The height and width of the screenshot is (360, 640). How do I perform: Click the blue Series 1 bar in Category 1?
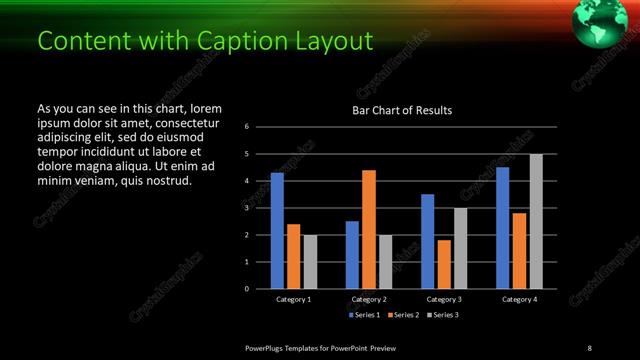pyautogui.click(x=277, y=230)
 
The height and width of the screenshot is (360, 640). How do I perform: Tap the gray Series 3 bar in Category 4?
pyautogui.click(x=536, y=221)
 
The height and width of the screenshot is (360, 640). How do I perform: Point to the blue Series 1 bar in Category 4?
pyautogui.click(x=503, y=227)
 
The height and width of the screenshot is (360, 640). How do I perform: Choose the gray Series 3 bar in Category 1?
pyautogui.click(x=310, y=261)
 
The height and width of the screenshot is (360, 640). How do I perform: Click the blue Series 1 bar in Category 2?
pyautogui.click(x=352, y=254)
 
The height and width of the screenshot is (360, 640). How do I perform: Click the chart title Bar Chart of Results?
pyautogui.click(x=403, y=110)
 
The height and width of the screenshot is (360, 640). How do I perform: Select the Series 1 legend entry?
pyautogui.click(x=364, y=315)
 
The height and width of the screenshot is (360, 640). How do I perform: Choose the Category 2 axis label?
pyautogui.click(x=369, y=299)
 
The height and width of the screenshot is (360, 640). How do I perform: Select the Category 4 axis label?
pyautogui.click(x=519, y=299)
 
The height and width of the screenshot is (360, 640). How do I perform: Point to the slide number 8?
pyautogui.click(x=589, y=347)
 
